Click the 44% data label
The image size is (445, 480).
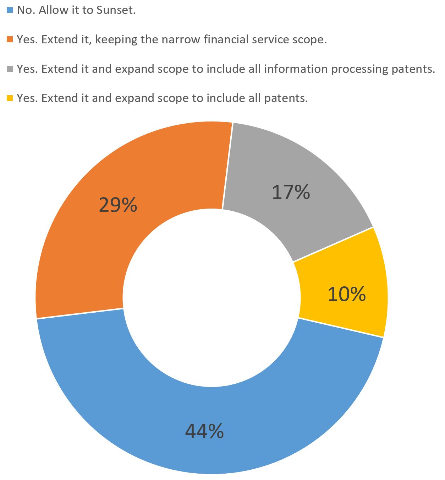click(x=204, y=431)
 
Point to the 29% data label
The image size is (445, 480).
click(x=118, y=205)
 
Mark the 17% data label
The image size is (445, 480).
click(x=291, y=192)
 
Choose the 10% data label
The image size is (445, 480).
click(x=346, y=295)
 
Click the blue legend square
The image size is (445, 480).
click(x=10, y=10)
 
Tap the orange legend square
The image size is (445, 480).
click(x=10, y=39)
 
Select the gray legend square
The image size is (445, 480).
click(x=10, y=69)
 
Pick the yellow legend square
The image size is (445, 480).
click(x=10, y=98)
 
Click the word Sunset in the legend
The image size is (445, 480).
click(x=116, y=10)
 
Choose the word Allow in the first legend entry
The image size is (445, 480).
click(x=52, y=10)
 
